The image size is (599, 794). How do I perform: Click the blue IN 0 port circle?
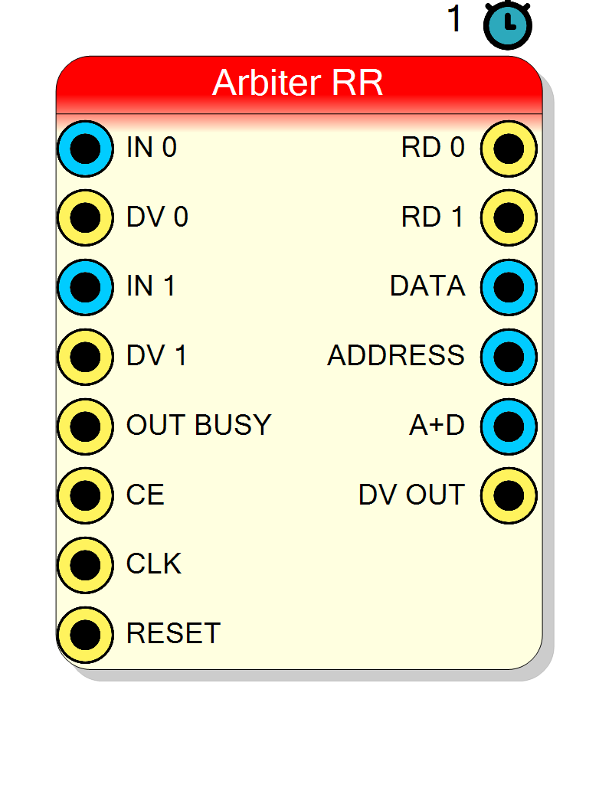[x=85, y=149]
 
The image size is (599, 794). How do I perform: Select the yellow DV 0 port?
[x=85, y=217]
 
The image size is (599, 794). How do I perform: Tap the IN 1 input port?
[x=85, y=287]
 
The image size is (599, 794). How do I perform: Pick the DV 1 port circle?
[x=85, y=357]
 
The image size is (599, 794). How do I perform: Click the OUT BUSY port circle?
[x=85, y=426]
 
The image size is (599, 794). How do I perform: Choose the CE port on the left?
[x=85, y=495]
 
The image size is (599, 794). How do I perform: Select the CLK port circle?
[x=85, y=564]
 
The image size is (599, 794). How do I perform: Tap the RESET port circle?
[x=85, y=634]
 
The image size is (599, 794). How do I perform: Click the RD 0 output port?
[x=509, y=149]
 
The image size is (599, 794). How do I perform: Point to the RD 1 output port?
[x=509, y=217]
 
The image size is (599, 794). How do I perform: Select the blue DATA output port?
[x=509, y=287]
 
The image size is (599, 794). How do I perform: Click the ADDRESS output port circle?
[x=509, y=357]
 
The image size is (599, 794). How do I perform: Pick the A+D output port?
[x=509, y=426]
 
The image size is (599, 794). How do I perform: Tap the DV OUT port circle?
[x=509, y=495]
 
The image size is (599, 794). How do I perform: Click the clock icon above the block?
[x=508, y=25]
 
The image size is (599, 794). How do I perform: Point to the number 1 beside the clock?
[x=455, y=19]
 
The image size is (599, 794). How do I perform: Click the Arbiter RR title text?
[x=297, y=82]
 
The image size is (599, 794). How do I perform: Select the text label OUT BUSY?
[x=198, y=425]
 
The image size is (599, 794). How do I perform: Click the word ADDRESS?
[x=396, y=355]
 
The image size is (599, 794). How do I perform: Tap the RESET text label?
[x=173, y=633]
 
